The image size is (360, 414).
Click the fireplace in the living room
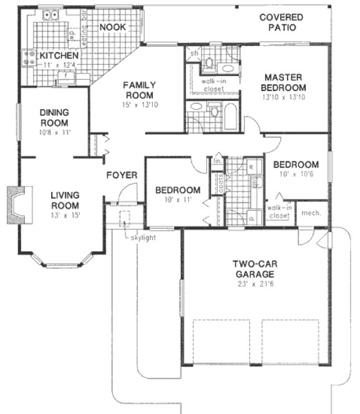pyautogui.click(x=15, y=205)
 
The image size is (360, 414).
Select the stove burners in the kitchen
pyautogui.click(x=29, y=58)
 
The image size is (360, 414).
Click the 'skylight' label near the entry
pyautogui.click(x=144, y=238)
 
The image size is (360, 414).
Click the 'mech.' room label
pyautogui.click(x=310, y=213)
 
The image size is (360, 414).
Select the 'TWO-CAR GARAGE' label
pyautogui.click(x=256, y=269)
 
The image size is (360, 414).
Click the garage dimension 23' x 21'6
pyautogui.click(x=256, y=284)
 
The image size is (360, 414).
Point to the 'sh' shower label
pyautogui.click(x=193, y=54)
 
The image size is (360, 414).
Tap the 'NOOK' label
pyautogui.click(x=112, y=27)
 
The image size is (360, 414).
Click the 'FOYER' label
pyautogui.click(x=121, y=175)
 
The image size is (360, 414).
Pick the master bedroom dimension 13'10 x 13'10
pyautogui.click(x=284, y=97)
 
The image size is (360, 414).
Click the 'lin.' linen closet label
pyautogui.click(x=216, y=161)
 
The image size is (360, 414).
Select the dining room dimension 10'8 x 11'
pyautogui.click(x=54, y=132)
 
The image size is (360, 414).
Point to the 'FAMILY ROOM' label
pyautogui.click(x=139, y=90)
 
